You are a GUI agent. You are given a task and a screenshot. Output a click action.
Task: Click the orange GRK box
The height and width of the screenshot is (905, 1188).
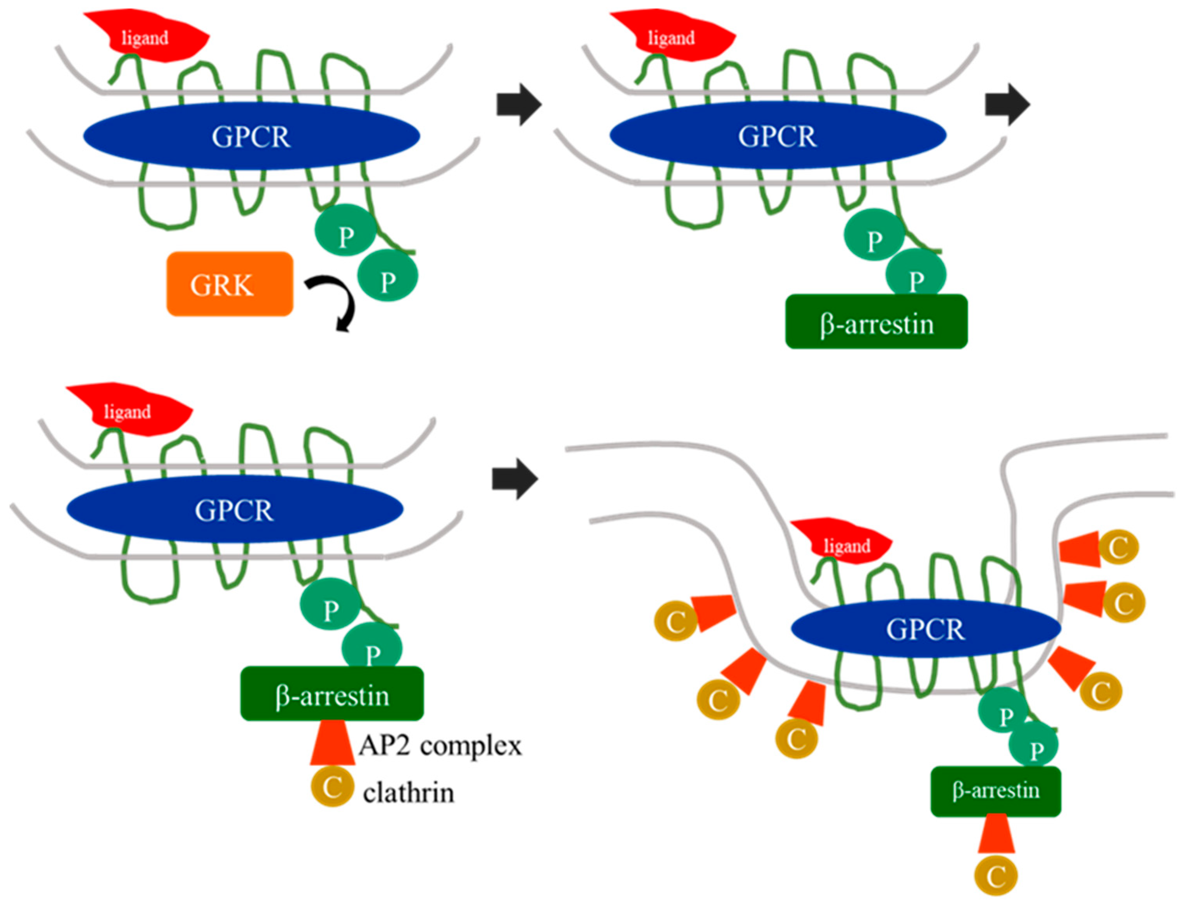[x=230, y=284]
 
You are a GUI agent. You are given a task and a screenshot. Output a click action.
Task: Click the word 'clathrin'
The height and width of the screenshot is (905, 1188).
[x=409, y=793]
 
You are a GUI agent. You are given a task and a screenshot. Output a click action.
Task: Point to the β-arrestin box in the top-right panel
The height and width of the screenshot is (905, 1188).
[x=876, y=322]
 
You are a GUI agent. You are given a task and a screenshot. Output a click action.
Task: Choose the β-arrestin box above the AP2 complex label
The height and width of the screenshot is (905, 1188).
[x=332, y=694]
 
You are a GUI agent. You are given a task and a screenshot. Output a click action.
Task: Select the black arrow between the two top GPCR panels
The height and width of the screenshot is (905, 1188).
[x=519, y=104]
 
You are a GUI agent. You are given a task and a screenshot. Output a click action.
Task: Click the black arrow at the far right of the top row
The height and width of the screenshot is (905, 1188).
[x=1007, y=104]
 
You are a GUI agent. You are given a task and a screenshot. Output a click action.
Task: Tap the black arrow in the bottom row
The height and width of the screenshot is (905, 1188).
[x=515, y=479]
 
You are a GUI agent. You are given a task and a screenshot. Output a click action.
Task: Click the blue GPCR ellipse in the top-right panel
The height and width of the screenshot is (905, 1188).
[x=777, y=135]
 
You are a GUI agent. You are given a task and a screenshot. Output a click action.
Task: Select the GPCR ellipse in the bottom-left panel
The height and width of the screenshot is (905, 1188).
[x=235, y=509]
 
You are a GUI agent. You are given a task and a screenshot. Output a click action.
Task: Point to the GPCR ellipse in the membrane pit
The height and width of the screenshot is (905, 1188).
[x=926, y=628]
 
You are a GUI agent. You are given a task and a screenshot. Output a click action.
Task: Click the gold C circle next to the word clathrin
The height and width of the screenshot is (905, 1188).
[x=332, y=787]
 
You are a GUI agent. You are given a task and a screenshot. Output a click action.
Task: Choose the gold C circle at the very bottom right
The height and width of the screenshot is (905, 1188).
[x=996, y=877]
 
